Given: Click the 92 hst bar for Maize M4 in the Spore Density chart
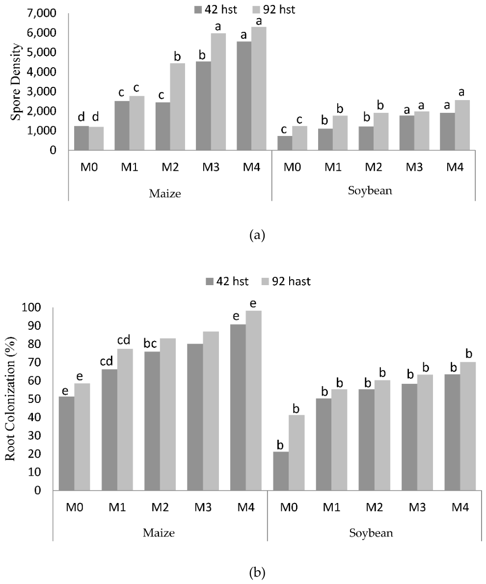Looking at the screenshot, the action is click(259, 89).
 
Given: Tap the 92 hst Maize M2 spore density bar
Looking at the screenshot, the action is click(177, 107).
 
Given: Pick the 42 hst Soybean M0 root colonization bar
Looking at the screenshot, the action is click(281, 471).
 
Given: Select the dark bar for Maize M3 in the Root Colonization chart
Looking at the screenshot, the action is click(195, 417).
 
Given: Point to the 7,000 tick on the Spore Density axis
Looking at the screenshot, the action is click(41, 13).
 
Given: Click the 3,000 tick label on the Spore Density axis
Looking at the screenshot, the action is click(41, 92).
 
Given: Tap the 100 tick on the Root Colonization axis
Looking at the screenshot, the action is click(31, 308).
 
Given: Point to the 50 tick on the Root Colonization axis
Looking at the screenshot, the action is click(34, 399).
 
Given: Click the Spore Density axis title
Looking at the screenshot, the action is click(16, 82).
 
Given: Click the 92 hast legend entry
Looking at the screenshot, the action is click(287, 281).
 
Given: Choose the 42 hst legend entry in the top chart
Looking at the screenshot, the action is click(216, 9).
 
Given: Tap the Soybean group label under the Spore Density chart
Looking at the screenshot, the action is click(370, 191).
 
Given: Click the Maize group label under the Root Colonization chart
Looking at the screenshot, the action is click(159, 532).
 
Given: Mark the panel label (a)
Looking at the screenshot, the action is click(257, 236).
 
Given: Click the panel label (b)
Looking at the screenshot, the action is click(257, 572).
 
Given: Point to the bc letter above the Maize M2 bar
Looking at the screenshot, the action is click(150, 344).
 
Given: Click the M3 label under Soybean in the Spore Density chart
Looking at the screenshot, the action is click(414, 167).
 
